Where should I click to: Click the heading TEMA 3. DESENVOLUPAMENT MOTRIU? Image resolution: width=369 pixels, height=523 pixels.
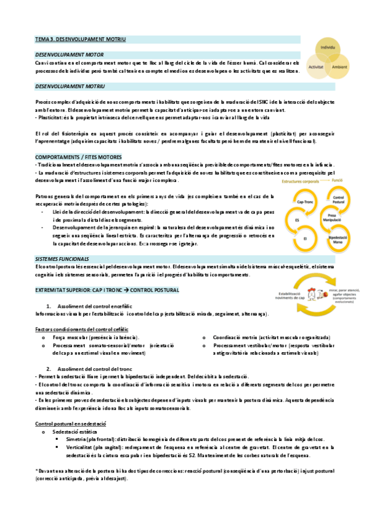point(80,39)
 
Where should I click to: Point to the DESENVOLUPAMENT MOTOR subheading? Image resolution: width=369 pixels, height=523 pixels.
point(69,54)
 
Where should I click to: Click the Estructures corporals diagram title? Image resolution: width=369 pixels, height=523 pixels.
point(302,183)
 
